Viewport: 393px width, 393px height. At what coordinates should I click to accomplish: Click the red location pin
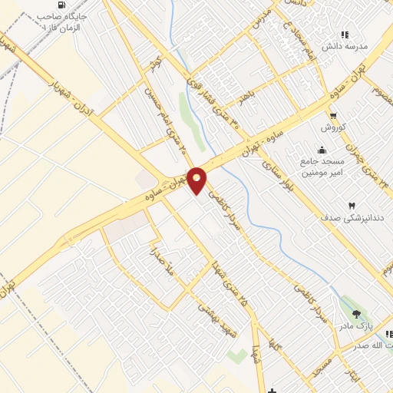(197, 180)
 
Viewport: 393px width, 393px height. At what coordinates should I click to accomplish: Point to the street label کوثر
(155, 60)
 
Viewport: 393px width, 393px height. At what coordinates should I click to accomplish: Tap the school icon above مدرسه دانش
(345, 35)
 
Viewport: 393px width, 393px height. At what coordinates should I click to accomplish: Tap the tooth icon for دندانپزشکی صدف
(352, 205)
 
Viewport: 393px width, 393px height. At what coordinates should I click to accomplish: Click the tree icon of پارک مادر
(355, 313)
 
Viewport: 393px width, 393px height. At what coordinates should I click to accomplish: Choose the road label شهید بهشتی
(210, 311)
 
